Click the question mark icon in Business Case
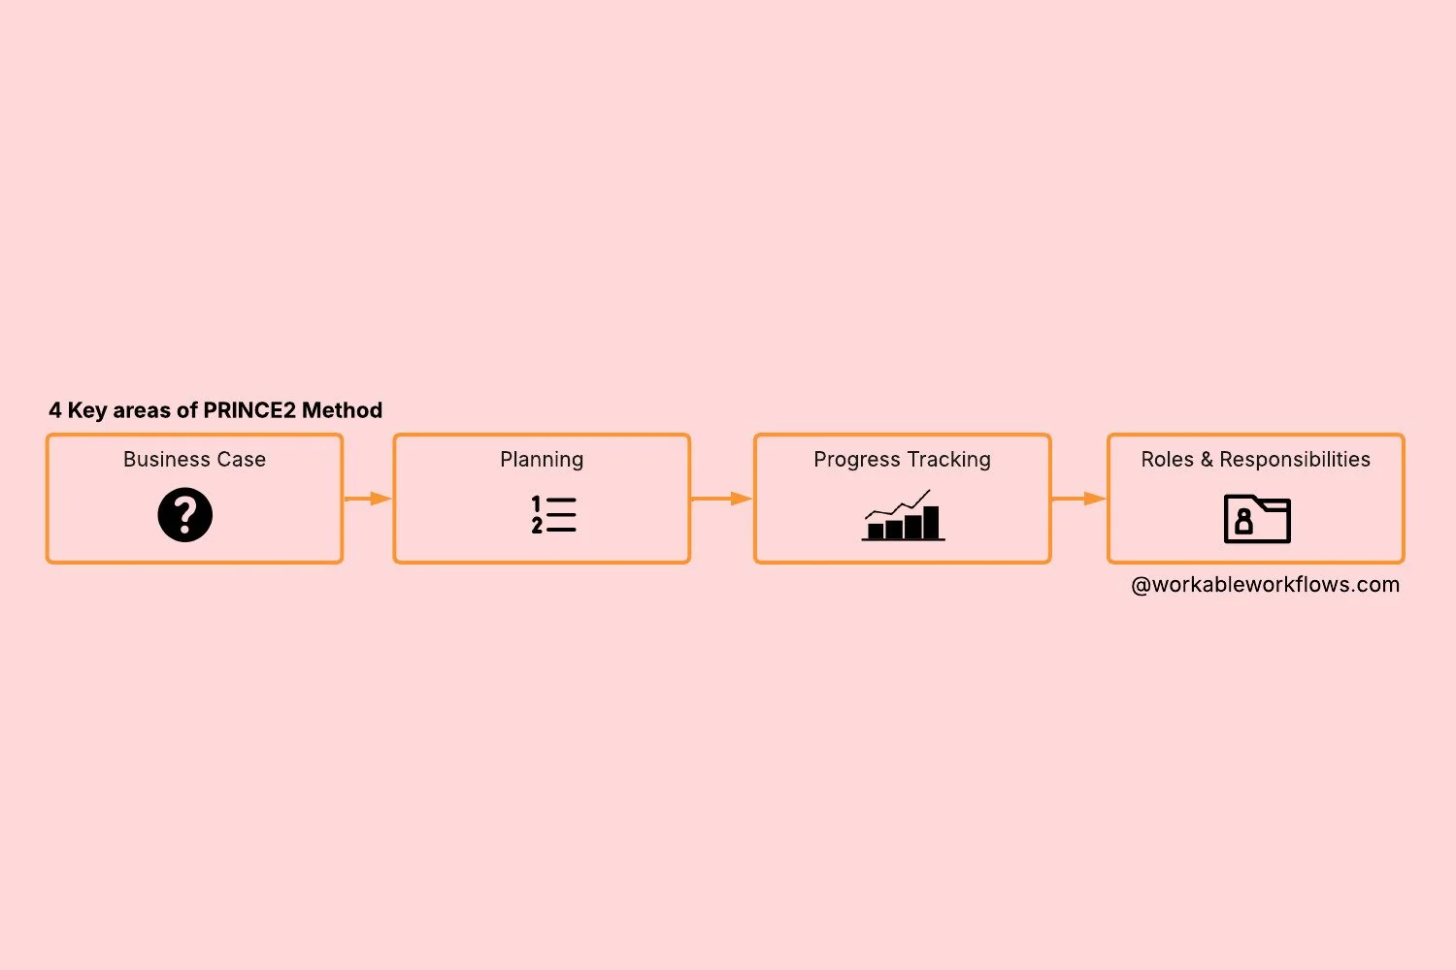point(184,514)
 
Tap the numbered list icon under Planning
point(553,514)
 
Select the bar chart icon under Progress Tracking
point(903,516)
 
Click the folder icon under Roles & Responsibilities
point(1257,519)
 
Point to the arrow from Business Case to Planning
point(368,499)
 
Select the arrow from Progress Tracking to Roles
point(1078,499)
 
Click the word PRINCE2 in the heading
point(249,410)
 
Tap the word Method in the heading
point(342,410)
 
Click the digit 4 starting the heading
point(55,410)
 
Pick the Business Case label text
point(194,460)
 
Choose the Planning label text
point(542,460)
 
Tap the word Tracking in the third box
point(948,460)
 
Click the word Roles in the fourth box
point(1168,460)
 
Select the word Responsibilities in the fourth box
point(1295,460)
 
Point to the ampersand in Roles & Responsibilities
point(1207,460)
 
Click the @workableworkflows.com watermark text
point(1265,585)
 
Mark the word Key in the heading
point(86,410)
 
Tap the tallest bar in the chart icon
point(931,522)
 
